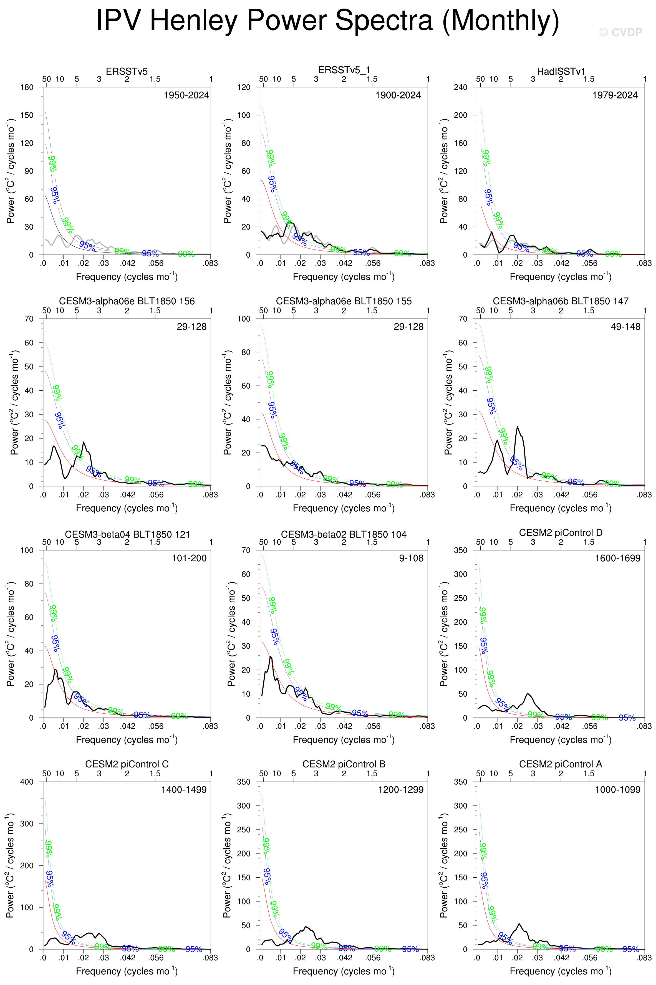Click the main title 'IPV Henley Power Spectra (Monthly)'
pos(327,20)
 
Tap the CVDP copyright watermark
pos(620,32)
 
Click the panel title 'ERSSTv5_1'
pos(344,70)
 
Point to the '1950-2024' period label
pos(186,95)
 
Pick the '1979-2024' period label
pos(615,95)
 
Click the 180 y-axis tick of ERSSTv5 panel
pos(27,87)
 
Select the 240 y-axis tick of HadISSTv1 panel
pos(460,87)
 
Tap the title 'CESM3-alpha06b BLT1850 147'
pos(561,301)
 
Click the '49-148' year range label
pos(625,327)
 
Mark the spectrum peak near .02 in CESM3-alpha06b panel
pos(518,427)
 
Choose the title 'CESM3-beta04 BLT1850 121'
pos(127,534)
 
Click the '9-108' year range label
pos(411,558)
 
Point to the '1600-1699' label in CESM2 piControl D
pos(617,558)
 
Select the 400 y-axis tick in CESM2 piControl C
pos(27,782)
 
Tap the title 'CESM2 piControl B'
pos(344,764)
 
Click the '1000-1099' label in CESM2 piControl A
pos(617,790)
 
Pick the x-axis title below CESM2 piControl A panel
pos(561,971)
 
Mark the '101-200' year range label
pos(189,558)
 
